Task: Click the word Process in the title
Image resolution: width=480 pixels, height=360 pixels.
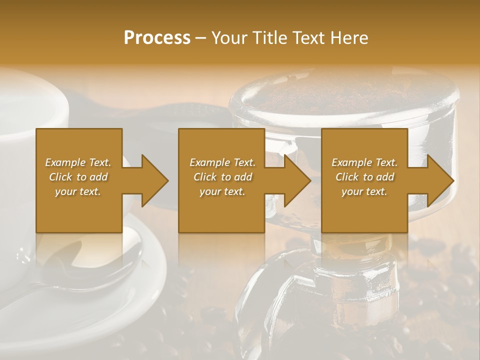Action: pyautogui.click(x=157, y=38)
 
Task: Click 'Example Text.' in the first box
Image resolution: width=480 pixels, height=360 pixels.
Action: pyautogui.click(x=78, y=162)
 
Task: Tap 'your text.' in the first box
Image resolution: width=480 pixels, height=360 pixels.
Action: pyautogui.click(x=78, y=191)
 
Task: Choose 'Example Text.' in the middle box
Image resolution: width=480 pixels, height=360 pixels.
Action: pyautogui.click(x=222, y=162)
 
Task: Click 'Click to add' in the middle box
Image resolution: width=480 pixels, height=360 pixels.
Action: pyautogui.click(x=222, y=177)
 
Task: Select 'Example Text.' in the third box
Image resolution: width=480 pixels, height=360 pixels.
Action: pyautogui.click(x=364, y=162)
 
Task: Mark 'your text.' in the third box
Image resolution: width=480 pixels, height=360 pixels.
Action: pyautogui.click(x=364, y=191)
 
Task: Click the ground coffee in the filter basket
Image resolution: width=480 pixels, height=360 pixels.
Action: pyautogui.click(x=345, y=95)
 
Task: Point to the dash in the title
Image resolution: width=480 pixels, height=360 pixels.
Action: pyautogui.click(x=201, y=38)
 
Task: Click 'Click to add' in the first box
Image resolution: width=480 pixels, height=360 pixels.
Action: pyautogui.click(x=78, y=177)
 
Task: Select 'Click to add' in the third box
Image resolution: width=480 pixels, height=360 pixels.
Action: pyautogui.click(x=364, y=177)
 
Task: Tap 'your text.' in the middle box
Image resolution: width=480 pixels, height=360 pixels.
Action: pyautogui.click(x=222, y=191)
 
